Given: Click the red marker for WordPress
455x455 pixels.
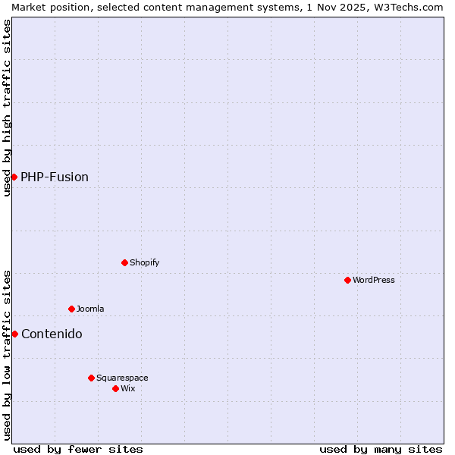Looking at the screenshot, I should (347, 280).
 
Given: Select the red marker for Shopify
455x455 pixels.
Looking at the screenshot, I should (124, 262).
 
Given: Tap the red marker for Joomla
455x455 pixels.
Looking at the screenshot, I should (72, 309).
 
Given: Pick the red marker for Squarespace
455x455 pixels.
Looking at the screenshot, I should (91, 378).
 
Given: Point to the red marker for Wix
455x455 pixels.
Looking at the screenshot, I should (115, 388).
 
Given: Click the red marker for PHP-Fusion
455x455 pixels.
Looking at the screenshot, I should (14, 177).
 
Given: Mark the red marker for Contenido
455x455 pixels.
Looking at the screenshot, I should (14, 334).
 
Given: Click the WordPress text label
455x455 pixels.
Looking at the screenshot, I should (374, 280).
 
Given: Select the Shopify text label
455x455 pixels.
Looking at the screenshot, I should (145, 262).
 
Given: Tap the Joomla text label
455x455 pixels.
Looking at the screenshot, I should (90, 309).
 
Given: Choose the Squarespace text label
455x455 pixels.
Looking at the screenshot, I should (122, 378).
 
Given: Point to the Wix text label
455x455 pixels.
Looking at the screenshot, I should (128, 388).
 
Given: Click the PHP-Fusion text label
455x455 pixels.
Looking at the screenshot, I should (55, 177).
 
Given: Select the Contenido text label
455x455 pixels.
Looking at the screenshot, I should (52, 334).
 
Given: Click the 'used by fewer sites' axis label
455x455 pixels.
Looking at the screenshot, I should (78, 449).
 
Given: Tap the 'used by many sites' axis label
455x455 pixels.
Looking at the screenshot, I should (381, 449).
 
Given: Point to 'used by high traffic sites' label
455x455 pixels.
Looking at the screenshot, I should (7, 108).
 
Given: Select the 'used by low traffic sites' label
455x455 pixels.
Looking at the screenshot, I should (7, 355).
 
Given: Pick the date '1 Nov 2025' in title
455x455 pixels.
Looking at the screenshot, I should (329, 7).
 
